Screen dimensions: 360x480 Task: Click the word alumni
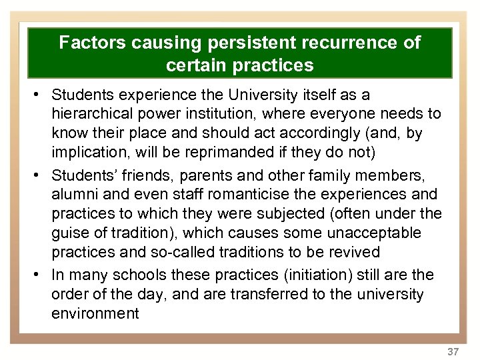click(73, 194)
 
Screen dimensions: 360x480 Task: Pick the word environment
click(95, 313)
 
